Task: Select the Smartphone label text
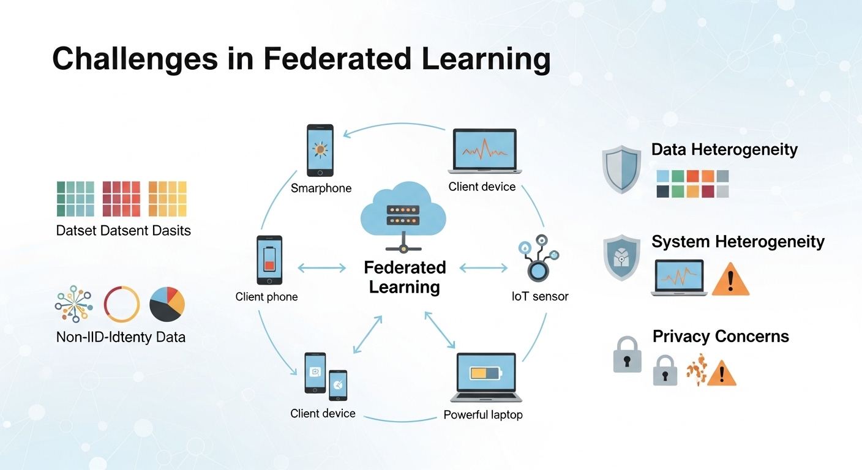point(321,188)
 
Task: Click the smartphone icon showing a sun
point(320,151)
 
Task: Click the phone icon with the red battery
point(269,261)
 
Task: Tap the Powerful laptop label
point(483,415)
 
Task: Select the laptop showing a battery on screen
point(486,376)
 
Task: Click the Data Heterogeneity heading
point(724,150)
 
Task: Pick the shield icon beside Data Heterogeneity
point(621,168)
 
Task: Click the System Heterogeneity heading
point(738,242)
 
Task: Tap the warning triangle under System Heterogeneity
point(731,280)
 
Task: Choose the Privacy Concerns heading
point(721,337)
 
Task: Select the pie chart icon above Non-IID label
point(167,304)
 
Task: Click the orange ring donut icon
point(122,304)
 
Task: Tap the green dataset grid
point(75,199)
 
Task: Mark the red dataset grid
point(121,199)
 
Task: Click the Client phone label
point(266,297)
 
